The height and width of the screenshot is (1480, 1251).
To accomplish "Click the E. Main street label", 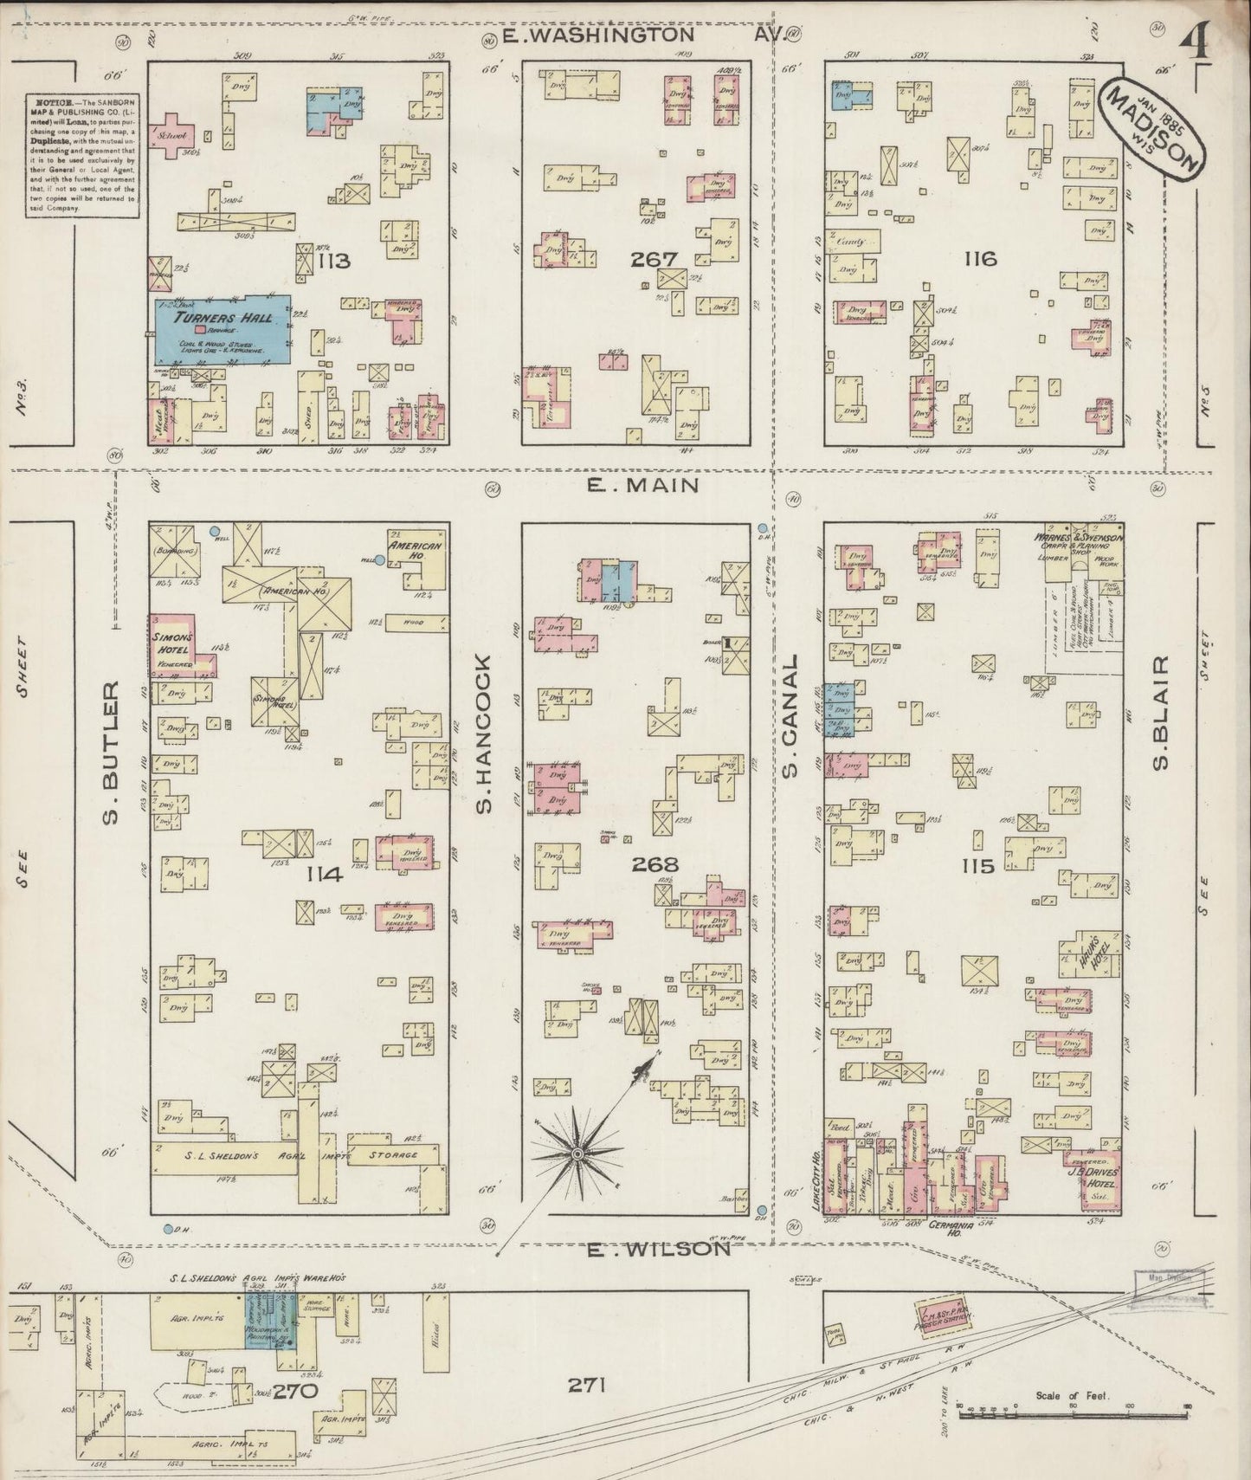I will [642, 485].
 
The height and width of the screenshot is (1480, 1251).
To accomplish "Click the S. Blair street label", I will [1162, 712].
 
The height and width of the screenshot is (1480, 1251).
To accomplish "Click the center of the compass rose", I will [576, 1154].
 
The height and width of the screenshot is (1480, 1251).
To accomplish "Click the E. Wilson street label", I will [658, 1250].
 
